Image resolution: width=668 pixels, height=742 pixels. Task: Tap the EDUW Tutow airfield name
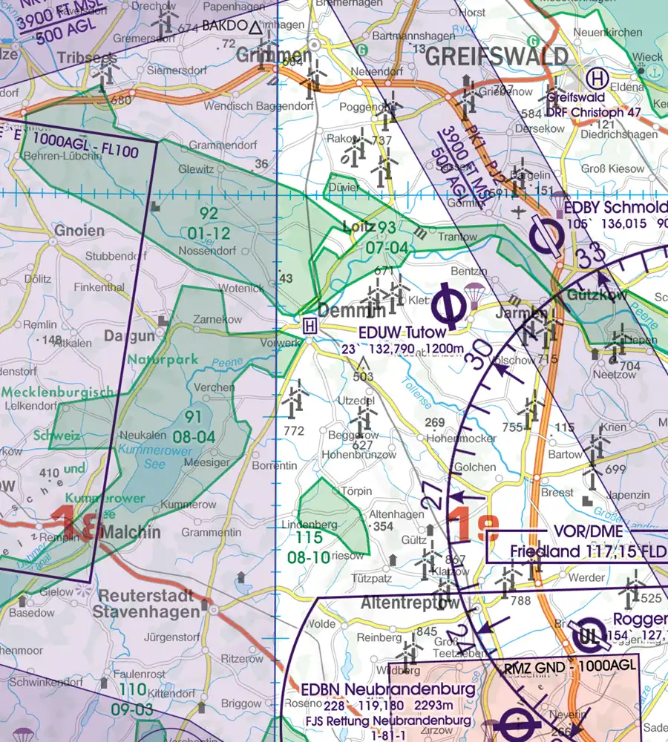402,332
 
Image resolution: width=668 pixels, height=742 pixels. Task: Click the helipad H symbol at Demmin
310,325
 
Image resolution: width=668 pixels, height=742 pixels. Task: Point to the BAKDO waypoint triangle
255,28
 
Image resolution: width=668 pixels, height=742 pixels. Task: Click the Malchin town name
129,532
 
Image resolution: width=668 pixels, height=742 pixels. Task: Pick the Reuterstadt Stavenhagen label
146,603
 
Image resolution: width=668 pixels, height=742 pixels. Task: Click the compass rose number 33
592,259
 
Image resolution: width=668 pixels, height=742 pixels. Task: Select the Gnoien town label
79,231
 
